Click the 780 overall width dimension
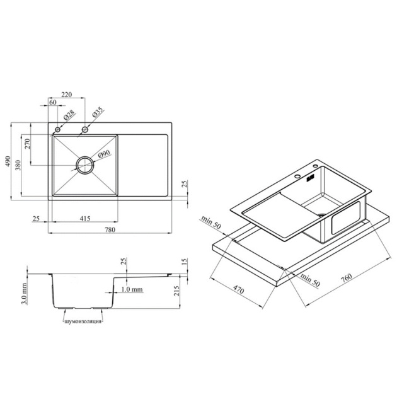pyautogui.click(x=110, y=230)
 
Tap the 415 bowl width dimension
pyautogui.click(x=85, y=219)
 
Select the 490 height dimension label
pyautogui.click(x=8, y=161)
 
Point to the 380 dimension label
pyautogui.click(x=18, y=165)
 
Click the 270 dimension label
pyautogui.click(x=28, y=144)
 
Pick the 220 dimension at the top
pyautogui.click(x=67, y=95)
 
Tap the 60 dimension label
pyautogui.click(x=53, y=102)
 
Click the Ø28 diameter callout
pyautogui.click(x=69, y=116)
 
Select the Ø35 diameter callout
pyautogui.click(x=97, y=112)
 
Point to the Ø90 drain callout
pyautogui.click(x=104, y=154)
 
